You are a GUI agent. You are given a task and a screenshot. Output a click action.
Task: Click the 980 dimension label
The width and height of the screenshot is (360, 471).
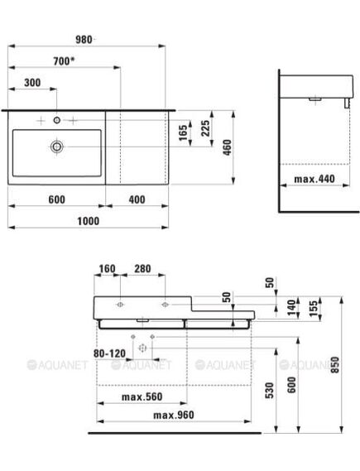tap(84, 40)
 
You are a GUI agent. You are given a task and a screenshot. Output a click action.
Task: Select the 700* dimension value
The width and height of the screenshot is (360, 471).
tap(64, 61)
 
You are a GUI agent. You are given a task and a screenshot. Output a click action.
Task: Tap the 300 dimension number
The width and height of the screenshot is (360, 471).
tap(32, 83)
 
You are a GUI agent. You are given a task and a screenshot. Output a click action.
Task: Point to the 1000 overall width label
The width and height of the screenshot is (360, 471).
tap(89, 221)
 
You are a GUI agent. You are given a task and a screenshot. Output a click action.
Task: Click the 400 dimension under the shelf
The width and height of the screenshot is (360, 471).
tap(137, 199)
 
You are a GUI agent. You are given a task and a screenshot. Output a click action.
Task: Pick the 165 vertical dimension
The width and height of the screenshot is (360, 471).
tap(183, 132)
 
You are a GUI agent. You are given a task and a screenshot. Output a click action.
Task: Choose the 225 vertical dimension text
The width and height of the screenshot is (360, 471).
tap(205, 128)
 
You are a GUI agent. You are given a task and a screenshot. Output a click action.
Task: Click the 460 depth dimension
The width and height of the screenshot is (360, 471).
tap(228, 147)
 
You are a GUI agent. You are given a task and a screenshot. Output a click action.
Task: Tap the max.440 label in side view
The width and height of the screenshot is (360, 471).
tap(314, 179)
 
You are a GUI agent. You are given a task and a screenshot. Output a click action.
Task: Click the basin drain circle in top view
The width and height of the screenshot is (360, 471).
tap(57, 147)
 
